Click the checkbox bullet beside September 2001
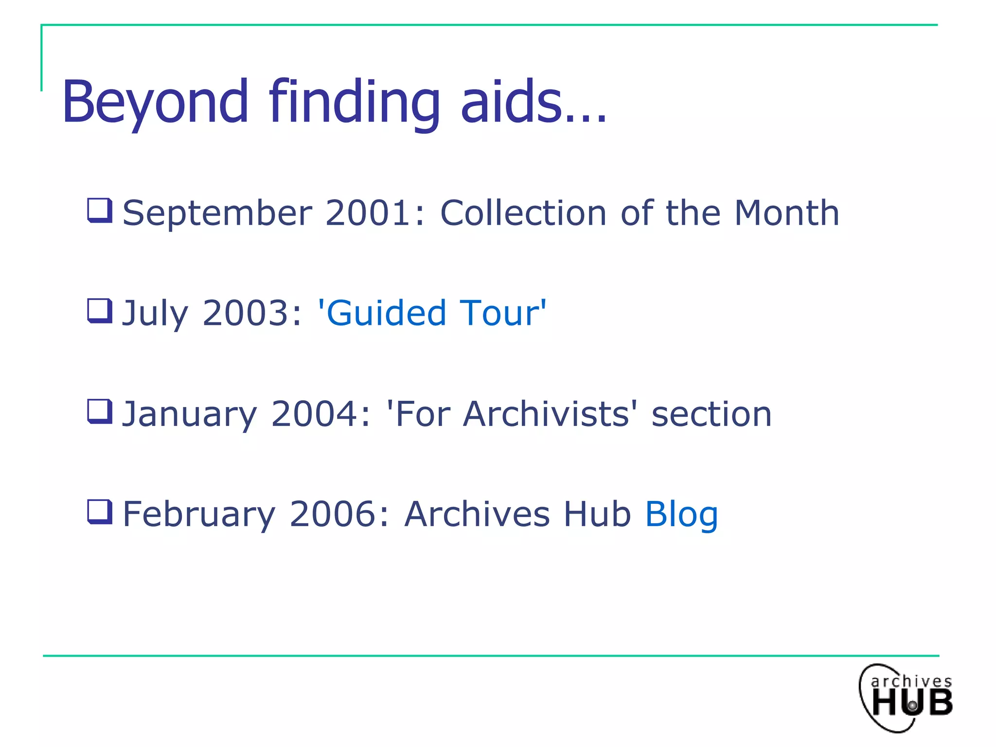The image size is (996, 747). click(x=100, y=210)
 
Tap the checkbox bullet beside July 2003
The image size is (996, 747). click(x=100, y=311)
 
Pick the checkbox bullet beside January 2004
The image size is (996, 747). click(x=100, y=411)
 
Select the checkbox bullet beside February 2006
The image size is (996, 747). click(x=100, y=512)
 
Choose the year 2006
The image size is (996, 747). click(x=339, y=514)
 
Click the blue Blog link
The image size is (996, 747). click(x=681, y=515)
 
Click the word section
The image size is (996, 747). click(x=711, y=414)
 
